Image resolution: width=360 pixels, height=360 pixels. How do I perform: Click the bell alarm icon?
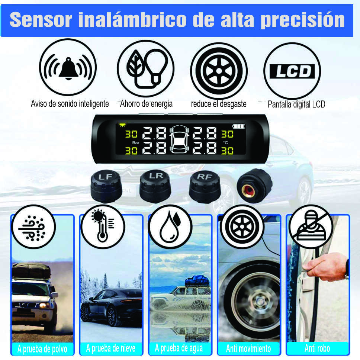[x=68, y=68]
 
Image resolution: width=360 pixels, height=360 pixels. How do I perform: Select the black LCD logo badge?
[x=292, y=71]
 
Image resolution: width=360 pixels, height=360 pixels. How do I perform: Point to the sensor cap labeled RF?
[x=205, y=187]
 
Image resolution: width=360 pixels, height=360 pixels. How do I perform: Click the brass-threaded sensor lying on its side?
[x=255, y=186]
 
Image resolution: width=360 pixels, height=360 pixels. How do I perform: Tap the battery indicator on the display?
[x=238, y=126]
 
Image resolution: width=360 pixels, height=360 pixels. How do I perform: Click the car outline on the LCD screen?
[x=179, y=139]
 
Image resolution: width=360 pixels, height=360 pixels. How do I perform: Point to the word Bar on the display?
[x=136, y=142]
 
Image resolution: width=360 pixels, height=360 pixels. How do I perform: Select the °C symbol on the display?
[x=225, y=142]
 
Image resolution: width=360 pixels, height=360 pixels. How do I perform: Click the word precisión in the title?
[x=303, y=20]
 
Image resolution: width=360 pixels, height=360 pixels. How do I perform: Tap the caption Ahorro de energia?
[x=146, y=104]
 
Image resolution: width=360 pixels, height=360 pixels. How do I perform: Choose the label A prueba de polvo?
[x=42, y=349]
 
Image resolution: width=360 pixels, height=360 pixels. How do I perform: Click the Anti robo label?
[x=317, y=348]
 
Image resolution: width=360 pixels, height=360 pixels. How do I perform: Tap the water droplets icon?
[x=170, y=226]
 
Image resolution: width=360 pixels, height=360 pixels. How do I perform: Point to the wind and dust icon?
[x=33, y=228]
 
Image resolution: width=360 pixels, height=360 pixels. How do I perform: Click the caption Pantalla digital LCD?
[x=296, y=105]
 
